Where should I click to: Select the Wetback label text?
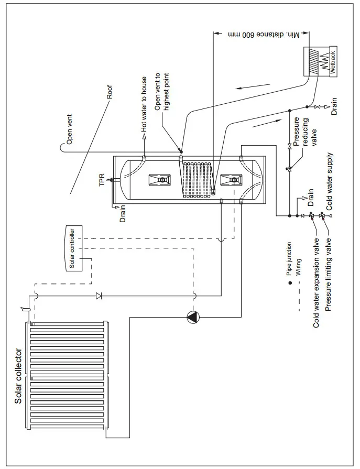[x=331, y=63]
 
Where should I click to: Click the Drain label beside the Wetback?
[x=334, y=106]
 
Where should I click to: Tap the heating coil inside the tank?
[x=198, y=180]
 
